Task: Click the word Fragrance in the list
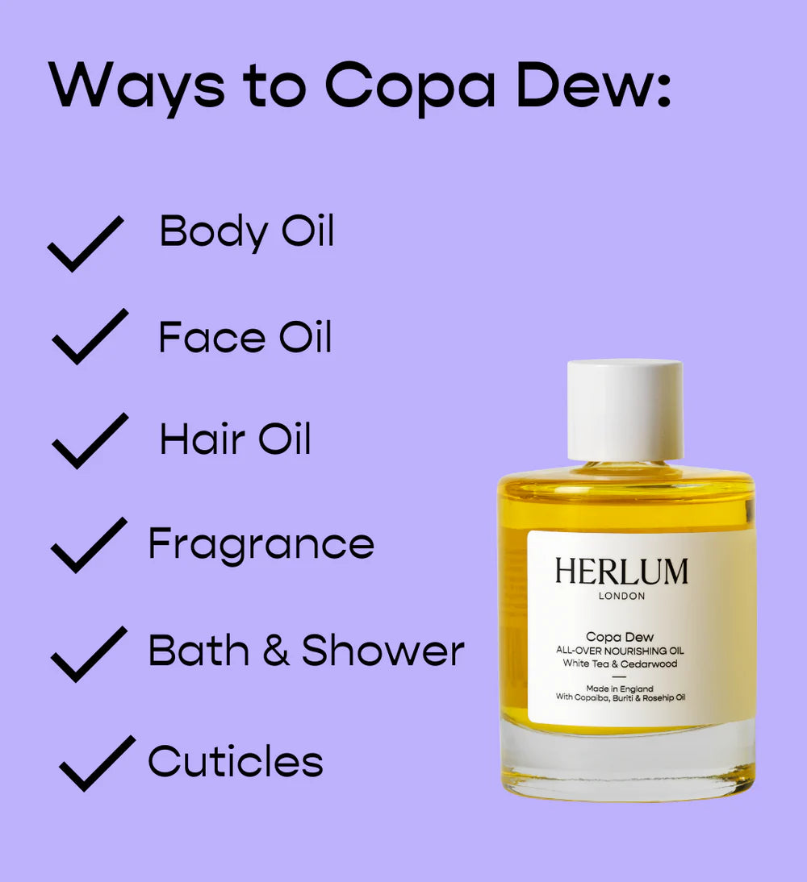261,544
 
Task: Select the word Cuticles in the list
236,761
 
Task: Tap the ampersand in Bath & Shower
276,651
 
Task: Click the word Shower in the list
383,650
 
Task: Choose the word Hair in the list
203,439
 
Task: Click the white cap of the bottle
625,410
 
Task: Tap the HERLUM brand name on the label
621,571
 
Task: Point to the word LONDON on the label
621,596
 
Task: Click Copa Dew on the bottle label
620,637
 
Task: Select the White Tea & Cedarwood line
620,664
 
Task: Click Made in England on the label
620,689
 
